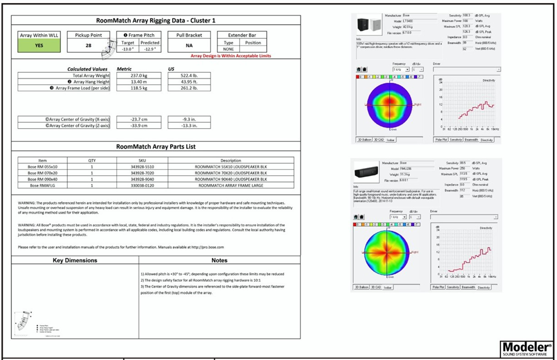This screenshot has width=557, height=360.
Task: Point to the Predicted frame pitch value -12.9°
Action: [x=150, y=50]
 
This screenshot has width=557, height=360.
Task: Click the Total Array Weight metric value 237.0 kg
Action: [x=139, y=75]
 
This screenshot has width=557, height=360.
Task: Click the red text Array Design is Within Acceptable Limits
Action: [x=230, y=56]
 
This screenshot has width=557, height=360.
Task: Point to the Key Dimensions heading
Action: [x=75, y=260]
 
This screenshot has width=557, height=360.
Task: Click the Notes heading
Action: [x=219, y=260]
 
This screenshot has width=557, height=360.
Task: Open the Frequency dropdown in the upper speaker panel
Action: [x=401, y=69]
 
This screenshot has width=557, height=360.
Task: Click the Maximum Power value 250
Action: [x=465, y=168]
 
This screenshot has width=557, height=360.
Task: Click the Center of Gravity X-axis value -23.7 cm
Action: [x=139, y=119]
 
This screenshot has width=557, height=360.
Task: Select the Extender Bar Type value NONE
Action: [x=228, y=50]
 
